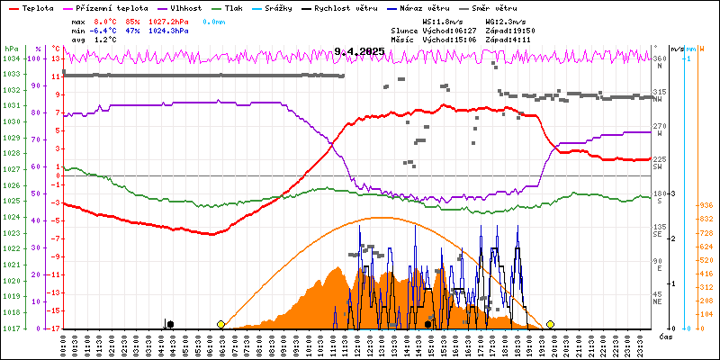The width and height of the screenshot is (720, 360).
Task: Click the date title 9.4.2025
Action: [x=359, y=52]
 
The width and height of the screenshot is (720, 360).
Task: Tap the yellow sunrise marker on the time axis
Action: [x=221, y=324]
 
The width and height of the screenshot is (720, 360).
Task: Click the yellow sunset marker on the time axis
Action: [x=550, y=324]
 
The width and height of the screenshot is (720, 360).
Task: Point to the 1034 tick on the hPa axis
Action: [x=11, y=58]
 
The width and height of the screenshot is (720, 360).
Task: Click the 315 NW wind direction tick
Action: [x=659, y=92]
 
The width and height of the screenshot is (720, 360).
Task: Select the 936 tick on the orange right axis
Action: [x=706, y=204]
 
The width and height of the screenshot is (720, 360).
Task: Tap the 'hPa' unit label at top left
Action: [x=11, y=48]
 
